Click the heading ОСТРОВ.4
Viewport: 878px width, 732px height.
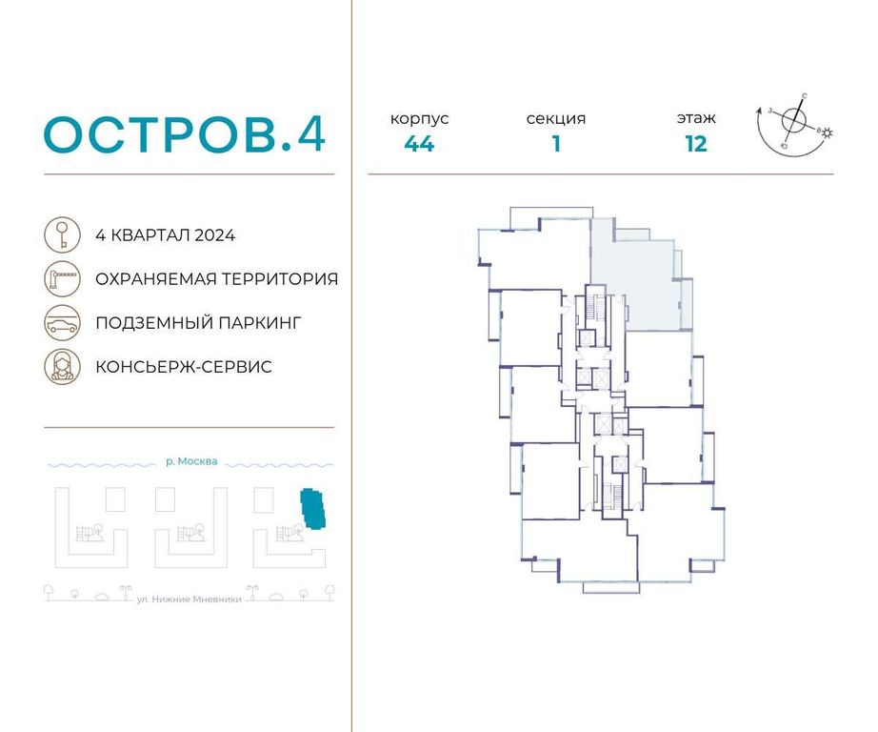click(186, 135)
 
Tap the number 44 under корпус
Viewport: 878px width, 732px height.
click(419, 145)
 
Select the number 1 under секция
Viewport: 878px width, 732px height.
click(556, 145)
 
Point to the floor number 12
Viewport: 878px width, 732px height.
click(696, 145)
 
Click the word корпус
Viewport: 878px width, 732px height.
click(419, 119)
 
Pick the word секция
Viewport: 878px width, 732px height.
click(556, 119)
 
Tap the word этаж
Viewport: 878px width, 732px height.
click(696, 119)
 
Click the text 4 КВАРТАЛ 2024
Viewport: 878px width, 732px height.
click(165, 235)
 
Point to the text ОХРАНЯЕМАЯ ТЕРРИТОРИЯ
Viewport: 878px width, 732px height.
click(216, 279)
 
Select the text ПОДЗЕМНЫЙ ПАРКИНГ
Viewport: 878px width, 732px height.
click(198, 323)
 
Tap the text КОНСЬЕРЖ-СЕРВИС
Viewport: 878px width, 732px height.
click(184, 367)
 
